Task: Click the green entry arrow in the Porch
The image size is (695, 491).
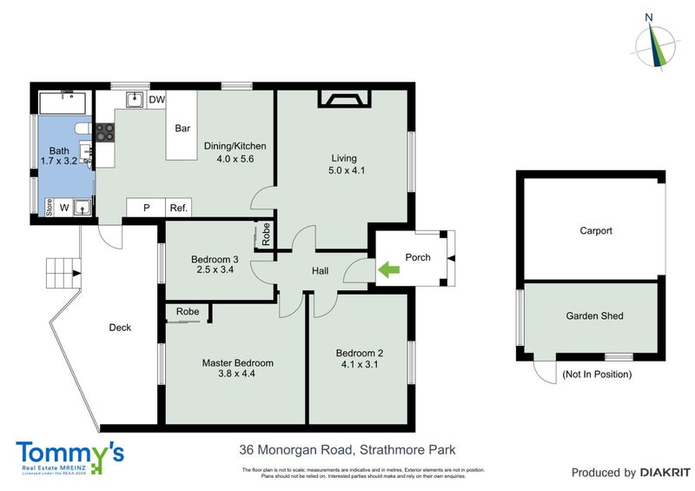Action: [x=388, y=271]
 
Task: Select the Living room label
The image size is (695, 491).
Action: [x=344, y=158]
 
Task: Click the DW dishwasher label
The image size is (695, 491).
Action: [x=156, y=101]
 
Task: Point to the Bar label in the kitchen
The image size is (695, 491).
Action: [x=182, y=129]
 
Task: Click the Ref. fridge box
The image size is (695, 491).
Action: [x=179, y=208]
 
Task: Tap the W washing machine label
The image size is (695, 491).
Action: [x=64, y=207]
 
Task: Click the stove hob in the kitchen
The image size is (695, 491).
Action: [x=105, y=132]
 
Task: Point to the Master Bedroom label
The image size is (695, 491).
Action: [x=237, y=363]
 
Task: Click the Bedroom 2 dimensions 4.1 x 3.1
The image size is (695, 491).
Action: [x=359, y=365]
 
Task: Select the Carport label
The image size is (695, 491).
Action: [x=596, y=231]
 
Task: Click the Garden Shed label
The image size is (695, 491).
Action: [x=594, y=316]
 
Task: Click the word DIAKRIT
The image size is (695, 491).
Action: [x=665, y=473]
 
